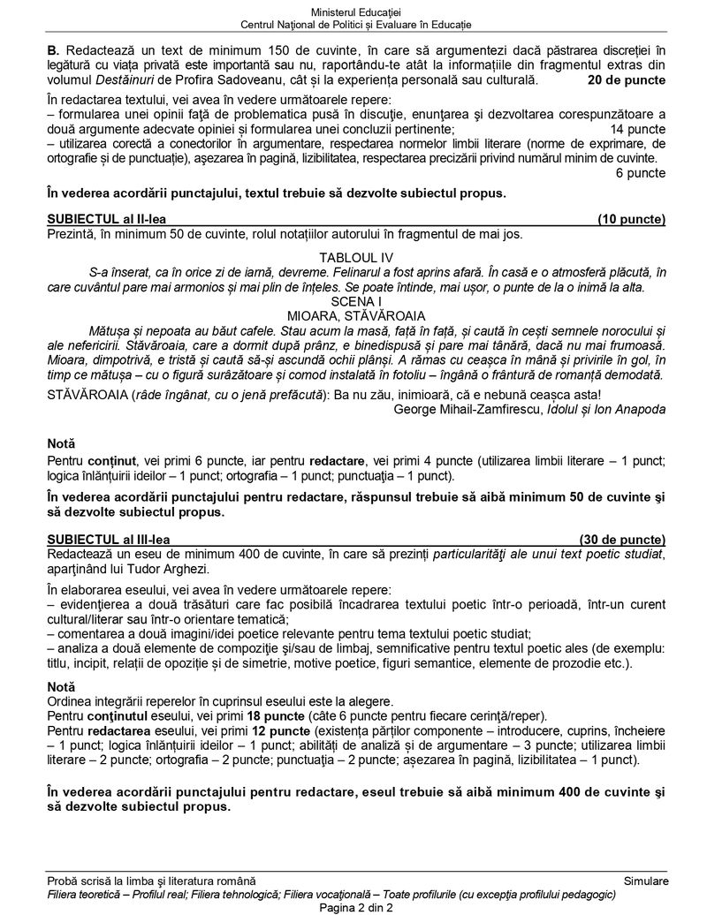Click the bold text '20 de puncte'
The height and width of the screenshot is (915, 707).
(x=627, y=80)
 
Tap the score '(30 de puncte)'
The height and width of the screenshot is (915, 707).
(x=623, y=539)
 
